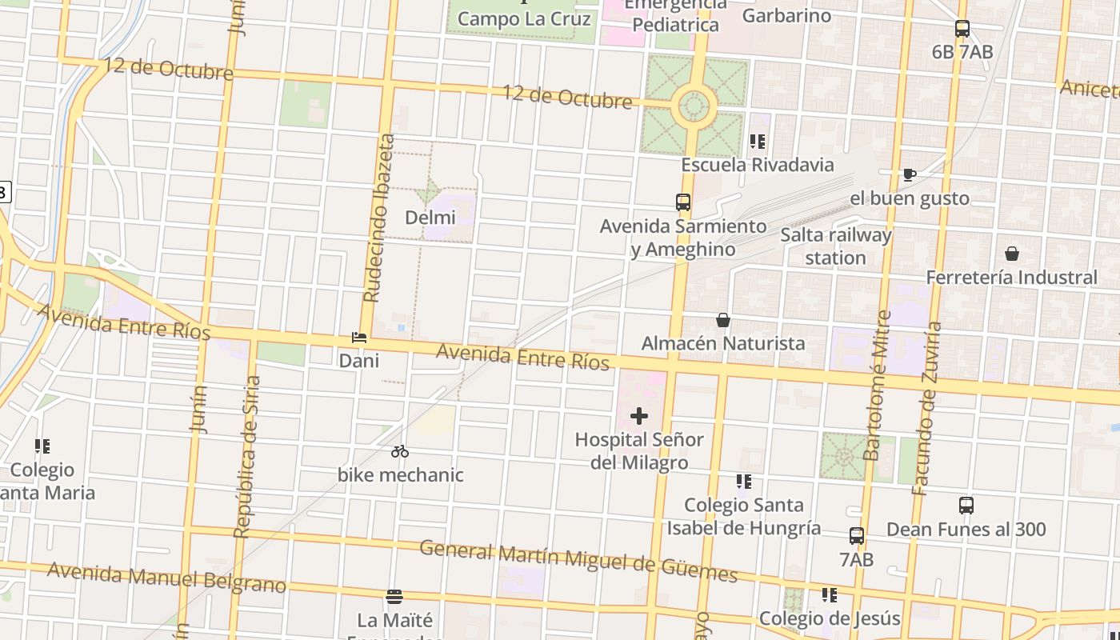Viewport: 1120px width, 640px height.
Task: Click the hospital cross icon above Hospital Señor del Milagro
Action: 639,416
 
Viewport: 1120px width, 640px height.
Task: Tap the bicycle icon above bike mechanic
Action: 400,452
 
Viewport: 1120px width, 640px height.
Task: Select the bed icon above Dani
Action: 359,338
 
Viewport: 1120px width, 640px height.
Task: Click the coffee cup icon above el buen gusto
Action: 909,174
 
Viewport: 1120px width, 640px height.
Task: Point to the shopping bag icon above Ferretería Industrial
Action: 1012,254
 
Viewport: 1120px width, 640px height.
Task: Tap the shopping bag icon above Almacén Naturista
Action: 723,321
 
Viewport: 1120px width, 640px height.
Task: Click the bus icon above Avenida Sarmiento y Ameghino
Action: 683,202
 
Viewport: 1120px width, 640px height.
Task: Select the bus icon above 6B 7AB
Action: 962,29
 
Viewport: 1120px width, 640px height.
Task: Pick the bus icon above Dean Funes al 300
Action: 966,506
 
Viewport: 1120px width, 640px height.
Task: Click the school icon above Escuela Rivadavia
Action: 757,142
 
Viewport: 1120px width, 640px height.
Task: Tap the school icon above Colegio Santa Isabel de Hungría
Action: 744,482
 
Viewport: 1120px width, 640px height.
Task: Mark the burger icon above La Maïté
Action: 394,597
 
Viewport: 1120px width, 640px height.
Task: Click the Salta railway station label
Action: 836,246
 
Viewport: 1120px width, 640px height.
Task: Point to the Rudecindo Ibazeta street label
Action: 379,218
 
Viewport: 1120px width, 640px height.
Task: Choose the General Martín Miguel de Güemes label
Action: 578,560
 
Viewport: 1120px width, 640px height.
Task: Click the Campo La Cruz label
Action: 524,18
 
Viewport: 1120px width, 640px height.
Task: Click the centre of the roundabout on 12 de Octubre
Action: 694,105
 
